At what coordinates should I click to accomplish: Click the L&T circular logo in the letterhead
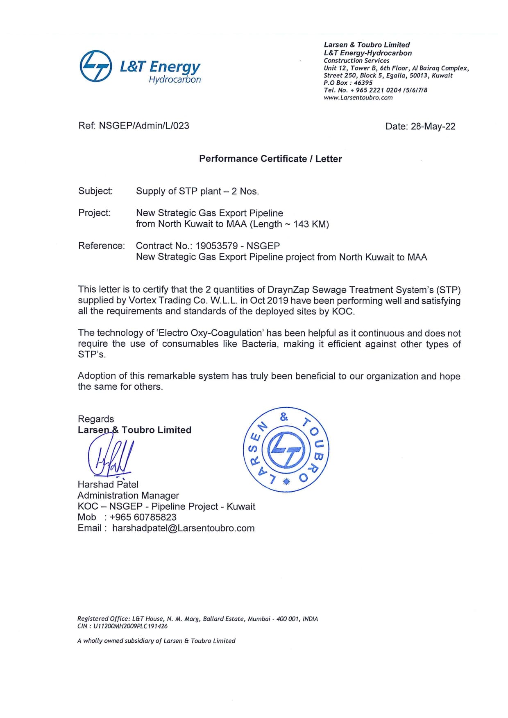pyautogui.click(x=95, y=66)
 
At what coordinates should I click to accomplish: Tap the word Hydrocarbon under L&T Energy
pyautogui.click(x=175, y=79)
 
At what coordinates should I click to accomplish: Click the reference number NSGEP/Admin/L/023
pyautogui.click(x=144, y=126)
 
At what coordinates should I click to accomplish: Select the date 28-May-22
pyautogui.click(x=433, y=126)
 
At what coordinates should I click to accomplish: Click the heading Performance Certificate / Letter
pyautogui.click(x=270, y=159)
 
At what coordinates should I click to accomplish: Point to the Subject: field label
pyautogui.click(x=95, y=191)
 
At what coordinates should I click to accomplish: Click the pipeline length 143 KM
pyautogui.click(x=311, y=224)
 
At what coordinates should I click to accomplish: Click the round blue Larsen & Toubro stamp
pyautogui.click(x=286, y=449)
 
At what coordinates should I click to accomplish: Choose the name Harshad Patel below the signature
pyautogui.click(x=108, y=484)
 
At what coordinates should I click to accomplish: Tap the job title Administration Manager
pyautogui.click(x=128, y=495)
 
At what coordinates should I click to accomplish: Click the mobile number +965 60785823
pyautogui.click(x=143, y=517)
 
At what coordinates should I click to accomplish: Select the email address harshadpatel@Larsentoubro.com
pyautogui.click(x=183, y=528)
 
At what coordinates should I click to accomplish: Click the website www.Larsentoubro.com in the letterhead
pyautogui.click(x=358, y=98)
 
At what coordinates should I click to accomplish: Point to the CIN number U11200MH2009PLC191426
pyautogui.click(x=130, y=626)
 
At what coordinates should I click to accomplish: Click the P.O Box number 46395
pyautogui.click(x=363, y=83)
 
